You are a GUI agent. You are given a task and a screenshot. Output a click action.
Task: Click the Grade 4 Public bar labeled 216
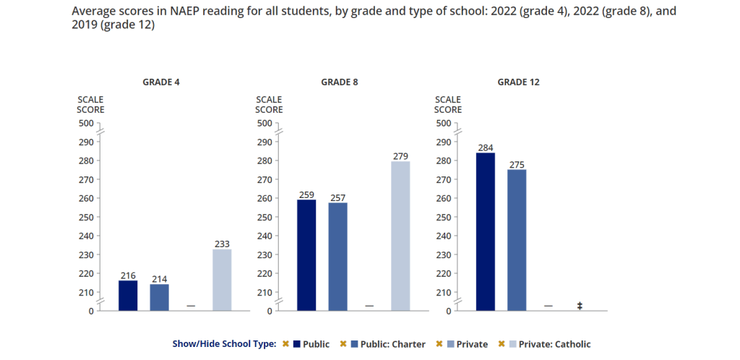pos(128,296)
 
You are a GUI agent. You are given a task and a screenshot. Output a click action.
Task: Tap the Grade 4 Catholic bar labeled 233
pos(222,280)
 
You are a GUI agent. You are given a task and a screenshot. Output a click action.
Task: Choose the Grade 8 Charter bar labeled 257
pos(337,257)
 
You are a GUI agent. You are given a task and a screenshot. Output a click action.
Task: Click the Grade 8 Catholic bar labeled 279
pos(400,236)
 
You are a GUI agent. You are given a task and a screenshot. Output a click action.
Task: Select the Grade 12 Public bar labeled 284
pos(486,231)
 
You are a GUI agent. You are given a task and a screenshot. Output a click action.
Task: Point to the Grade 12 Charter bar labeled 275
pos(517,240)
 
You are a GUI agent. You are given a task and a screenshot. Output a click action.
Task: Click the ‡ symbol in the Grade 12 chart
pos(580,307)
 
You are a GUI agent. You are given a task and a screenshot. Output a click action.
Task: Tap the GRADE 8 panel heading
pos(340,82)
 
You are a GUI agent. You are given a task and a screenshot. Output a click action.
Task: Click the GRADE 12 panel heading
pos(518,82)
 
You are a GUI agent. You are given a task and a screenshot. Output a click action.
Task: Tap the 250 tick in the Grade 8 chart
pos(265,217)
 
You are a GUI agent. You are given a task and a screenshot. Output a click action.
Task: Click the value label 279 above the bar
pos(400,156)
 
